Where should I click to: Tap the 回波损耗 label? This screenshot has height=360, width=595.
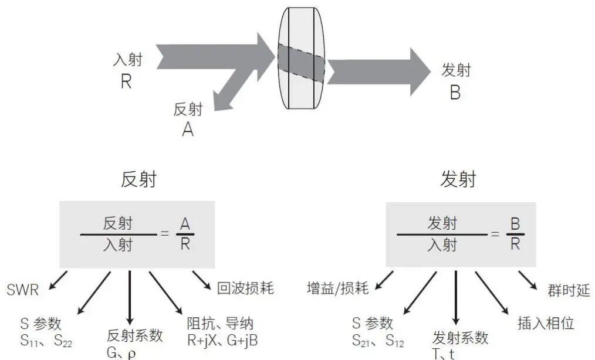coord(245,288)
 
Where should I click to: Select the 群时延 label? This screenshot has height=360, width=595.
coord(568,291)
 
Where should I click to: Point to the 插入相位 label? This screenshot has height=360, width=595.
coord(546,322)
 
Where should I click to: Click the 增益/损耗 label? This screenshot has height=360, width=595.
coord(337,288)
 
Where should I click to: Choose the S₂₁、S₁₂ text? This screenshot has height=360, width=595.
coord(377,341)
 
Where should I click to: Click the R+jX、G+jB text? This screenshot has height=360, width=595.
coord(222,339)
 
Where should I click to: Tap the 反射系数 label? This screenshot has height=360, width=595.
coord(134,336)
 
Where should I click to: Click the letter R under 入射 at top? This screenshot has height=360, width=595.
coord(126,81)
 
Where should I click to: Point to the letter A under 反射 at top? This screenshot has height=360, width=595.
coord(188,130)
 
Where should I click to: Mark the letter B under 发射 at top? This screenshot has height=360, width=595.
coord(455,93)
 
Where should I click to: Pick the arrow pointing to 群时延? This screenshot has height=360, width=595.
coord(528,280)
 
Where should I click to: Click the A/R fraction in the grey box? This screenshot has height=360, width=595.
coord(185,234)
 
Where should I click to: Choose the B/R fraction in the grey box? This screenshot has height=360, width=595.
coord(515,234)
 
